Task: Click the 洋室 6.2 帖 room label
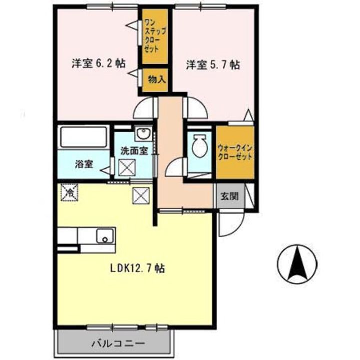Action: [98, 64]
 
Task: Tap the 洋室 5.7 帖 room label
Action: [212, 65]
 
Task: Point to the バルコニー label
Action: [118, 344]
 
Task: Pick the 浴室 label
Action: [83, 163]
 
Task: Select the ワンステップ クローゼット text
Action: [151, 36]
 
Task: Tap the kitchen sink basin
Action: [105, 236]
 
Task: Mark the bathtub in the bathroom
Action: [84, 137]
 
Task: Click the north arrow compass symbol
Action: [298, 264]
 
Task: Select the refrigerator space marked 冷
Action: [70, 192]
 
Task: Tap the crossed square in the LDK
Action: [140, 195]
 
